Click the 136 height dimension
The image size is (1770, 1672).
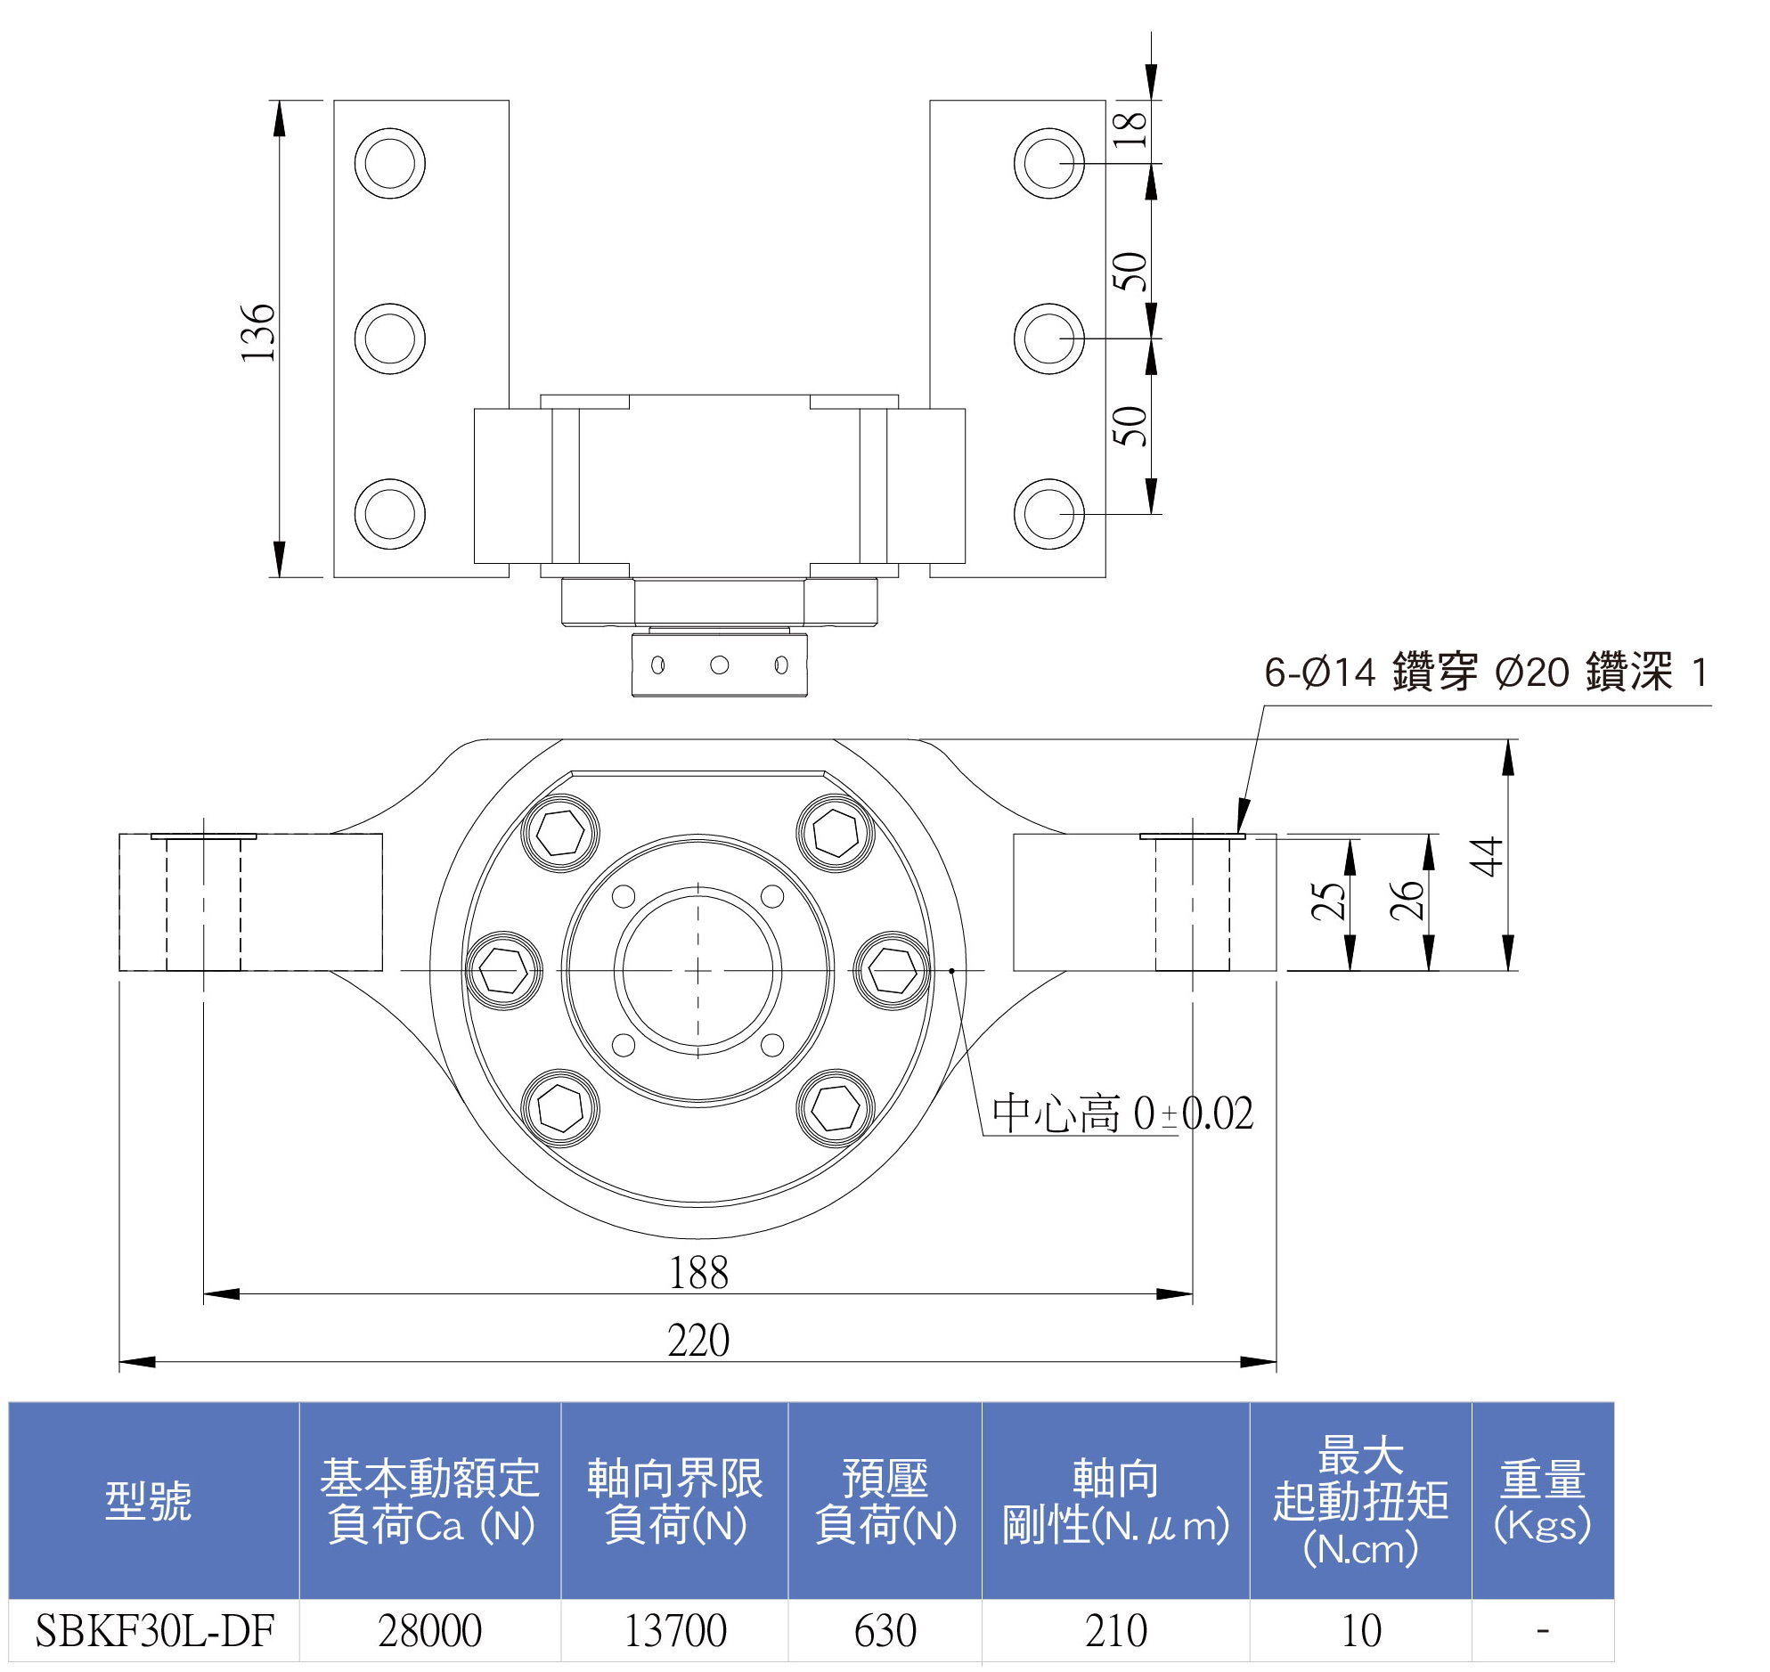259,332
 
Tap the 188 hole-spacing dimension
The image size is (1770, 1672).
698,1273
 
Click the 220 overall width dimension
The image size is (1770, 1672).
698,1341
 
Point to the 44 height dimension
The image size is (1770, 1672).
1487,857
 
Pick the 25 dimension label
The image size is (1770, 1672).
1329,901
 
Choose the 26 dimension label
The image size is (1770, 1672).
1407,901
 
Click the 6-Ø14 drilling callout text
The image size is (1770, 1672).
1486,673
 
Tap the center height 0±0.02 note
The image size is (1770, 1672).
1123,1114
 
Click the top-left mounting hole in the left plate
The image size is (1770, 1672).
389,163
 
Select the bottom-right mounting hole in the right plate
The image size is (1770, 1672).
1049,514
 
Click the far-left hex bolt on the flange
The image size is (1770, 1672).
503,971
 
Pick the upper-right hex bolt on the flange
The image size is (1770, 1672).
835,832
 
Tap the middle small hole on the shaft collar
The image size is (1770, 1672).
719,665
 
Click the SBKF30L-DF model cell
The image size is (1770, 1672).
154,1631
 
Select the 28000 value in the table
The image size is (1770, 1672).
429,1631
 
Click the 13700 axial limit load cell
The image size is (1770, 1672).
674,1631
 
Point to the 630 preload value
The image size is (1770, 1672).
885,1631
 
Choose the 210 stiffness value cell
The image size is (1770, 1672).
1115,1631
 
